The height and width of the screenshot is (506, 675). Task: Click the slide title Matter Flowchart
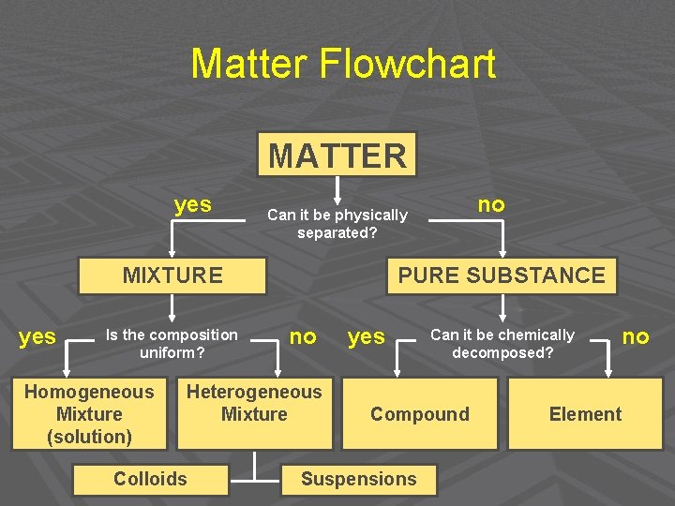tap(343, 64)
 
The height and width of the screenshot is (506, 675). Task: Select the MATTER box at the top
tap(337, 156)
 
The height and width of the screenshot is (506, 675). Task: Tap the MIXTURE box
tap(172, 275)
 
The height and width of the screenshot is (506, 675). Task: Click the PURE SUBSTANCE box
tap(502, 275)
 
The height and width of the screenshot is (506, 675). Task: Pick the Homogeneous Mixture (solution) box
tap(89, 414)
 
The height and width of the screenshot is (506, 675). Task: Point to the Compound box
tap(420, 414)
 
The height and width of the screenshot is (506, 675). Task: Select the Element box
tap(585, 414)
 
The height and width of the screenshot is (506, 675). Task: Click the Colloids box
tap(150, 479)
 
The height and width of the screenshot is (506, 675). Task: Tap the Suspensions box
tap(359, 479)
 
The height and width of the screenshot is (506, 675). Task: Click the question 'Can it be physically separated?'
tap(337, 224)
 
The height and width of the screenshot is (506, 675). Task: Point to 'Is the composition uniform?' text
tap(172, 344)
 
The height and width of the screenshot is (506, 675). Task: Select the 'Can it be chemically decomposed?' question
tap(502, 344)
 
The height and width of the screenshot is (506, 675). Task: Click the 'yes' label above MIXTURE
tap(193, 204)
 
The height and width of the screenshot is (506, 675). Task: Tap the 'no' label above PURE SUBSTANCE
tap(491, 204)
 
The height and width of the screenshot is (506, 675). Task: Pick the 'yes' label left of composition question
tap(37, 336)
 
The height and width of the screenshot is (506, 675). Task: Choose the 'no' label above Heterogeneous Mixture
tap(303, 335)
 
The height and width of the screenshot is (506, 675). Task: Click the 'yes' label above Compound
tap(367, 336)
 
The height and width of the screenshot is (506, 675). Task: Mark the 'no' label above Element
tap(636, 336)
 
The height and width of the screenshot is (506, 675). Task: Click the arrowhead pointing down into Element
tap(608, 372)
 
